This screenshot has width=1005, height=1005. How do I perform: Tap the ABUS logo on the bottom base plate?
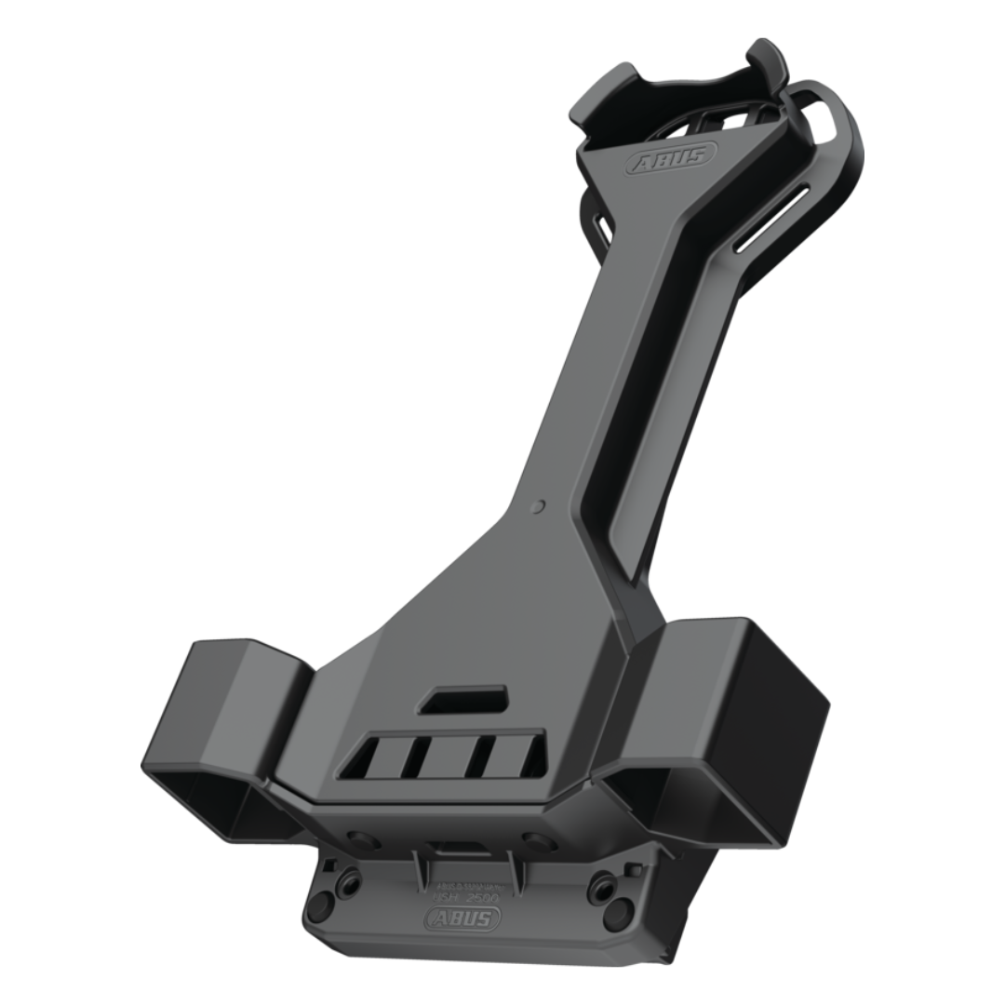[x=462, y=918]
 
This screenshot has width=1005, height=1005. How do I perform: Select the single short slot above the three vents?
[x=462, y=700]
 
